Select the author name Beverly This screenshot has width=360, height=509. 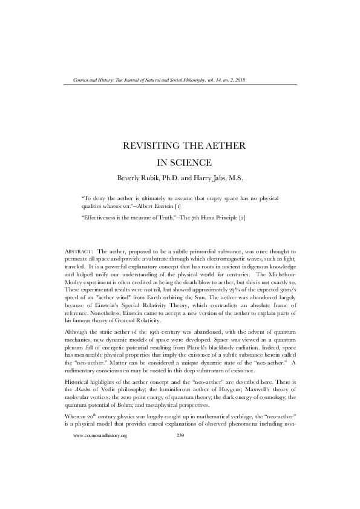[x=131, y=178]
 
